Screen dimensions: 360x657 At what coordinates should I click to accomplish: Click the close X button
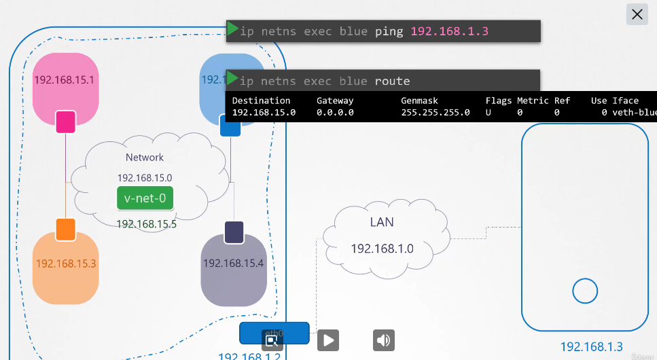[637, 14]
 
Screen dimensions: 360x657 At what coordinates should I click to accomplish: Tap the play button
[328, 340]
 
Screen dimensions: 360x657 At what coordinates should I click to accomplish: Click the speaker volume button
[384, 340]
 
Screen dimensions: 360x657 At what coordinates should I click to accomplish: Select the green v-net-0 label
[145, 199]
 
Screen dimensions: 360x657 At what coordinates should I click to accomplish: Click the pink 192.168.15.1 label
[64, 80]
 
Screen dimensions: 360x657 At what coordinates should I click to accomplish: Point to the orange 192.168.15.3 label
[66, 264]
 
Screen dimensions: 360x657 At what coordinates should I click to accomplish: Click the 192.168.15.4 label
[233, 263]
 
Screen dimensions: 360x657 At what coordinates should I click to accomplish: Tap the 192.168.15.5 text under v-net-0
[146, 224]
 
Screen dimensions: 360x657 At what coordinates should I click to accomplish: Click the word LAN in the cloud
[382, 222]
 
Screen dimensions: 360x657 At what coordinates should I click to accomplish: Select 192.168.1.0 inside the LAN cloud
[382, 249]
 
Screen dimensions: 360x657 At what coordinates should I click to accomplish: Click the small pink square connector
[65, 122]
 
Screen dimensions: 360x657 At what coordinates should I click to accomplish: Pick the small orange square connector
[65, 229]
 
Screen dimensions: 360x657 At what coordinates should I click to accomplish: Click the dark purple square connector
[234, 232]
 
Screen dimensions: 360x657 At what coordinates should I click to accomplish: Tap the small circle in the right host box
[584, 291]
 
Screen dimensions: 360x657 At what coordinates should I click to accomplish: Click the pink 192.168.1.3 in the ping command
[450, 31]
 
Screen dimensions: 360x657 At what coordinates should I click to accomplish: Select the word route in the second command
[393, 82]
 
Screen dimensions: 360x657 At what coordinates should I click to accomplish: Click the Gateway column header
[335, 101]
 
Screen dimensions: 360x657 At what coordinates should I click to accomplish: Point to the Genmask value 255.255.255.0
[436, 112]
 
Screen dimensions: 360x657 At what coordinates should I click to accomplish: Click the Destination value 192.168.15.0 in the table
[264, 112]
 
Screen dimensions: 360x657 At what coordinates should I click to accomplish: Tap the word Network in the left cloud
[145, 158]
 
